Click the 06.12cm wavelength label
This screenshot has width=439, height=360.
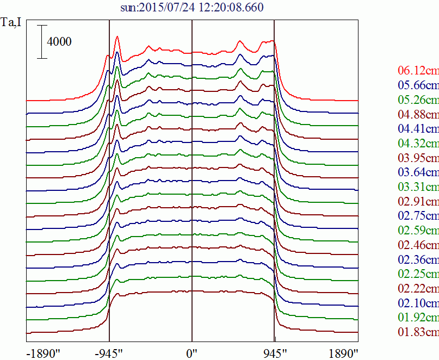(x=418, y=71)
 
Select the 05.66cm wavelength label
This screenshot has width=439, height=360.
(x=418, y=85)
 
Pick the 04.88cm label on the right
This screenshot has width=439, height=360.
(x=418, y=114)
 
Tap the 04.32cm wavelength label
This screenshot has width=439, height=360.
(x=418, y=144)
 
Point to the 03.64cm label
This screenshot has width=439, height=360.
(x=418, y=172)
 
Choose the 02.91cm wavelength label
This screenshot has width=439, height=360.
(x=418, y=201)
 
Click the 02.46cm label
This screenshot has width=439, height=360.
(x=418, y=245)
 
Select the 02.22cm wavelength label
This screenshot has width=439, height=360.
(x=418, y=288)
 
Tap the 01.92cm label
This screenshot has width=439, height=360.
(x=418, y=318)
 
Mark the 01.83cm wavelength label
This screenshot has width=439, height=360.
(x=418, y=332)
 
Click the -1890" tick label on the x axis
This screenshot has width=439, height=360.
(x=44, y=354)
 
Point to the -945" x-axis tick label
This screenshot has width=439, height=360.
(x=109, y=354)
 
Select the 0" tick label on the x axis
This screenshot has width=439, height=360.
(x=192, y=354)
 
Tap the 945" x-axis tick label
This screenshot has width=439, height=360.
(x=275, y=354)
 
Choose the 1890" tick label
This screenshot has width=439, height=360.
(x=343, y=354)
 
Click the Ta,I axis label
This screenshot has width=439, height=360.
(x=11, y=22)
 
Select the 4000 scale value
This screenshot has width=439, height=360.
(x=59, y=42)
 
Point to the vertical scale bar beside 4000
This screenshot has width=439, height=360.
(x=42, y=42)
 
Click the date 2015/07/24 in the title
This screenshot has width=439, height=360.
(x=166, y=7)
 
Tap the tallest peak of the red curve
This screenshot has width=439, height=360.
(x=118, y=36)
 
